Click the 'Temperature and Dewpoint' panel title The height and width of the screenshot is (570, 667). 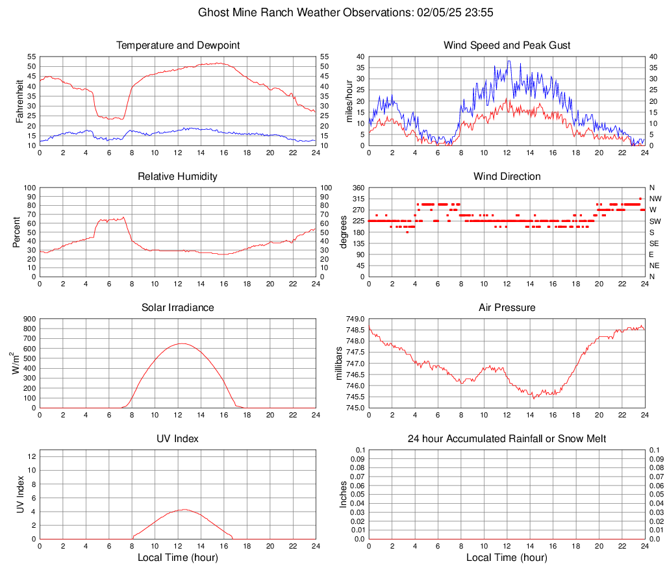coord(178,45)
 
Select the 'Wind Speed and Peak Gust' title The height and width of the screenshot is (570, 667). coord(507,45)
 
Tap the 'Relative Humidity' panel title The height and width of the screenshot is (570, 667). coord(178,177)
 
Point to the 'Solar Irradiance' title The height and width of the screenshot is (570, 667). coord(178,308)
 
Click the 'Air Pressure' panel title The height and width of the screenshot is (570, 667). coord(507,308)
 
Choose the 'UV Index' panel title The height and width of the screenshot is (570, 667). coord(178,439)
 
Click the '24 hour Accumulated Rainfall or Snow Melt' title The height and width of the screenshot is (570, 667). coord(507,439)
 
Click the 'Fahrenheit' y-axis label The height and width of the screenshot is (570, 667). coord(19,101)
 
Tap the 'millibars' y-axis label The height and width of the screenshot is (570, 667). coord(338,364)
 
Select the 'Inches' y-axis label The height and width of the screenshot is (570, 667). coord(344,495)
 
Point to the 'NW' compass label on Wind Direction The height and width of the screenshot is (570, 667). coord(655,199)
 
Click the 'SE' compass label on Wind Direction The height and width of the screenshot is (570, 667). coord(655,243)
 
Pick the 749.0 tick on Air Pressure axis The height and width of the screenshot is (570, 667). coord(355,319)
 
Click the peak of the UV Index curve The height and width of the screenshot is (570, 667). coord(184,510)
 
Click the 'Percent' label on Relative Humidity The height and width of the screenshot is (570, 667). coord(17,232)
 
